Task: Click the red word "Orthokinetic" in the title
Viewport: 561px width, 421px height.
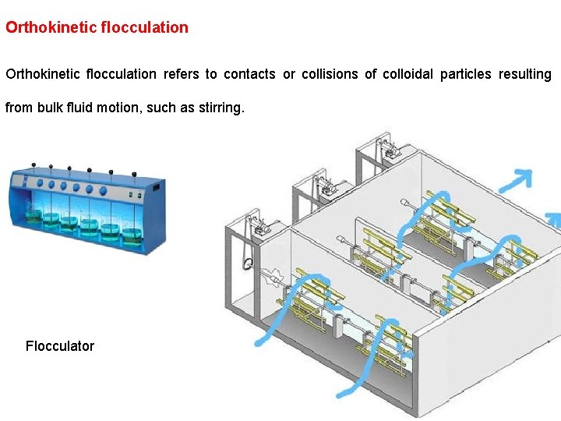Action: coord(51,27)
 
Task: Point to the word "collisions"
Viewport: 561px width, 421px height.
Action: coord(328,74)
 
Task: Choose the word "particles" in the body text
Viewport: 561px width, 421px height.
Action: coord(465,74)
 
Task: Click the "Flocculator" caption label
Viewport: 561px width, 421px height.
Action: coord(60,346)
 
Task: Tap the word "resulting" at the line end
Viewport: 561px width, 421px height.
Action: coord(525,74)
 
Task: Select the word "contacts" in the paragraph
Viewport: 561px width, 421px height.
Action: coord(249,74)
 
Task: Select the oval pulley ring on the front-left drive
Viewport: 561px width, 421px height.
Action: coord(247,264)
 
